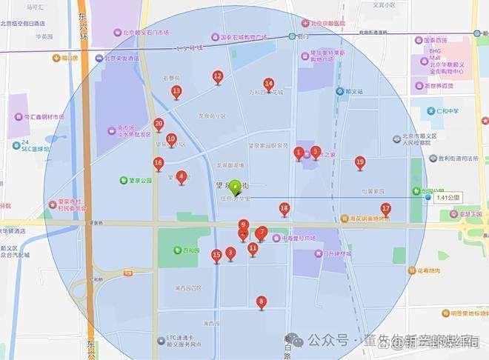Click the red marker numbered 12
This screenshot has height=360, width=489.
pyautogui.click(x=217, y=76)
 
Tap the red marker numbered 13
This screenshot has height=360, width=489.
pyautogui.click(x=176, y=92)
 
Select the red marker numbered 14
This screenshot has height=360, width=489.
pyautogui.click(x=269, y=84)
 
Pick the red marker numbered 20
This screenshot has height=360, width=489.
pyautogui.click(x=159, y=124)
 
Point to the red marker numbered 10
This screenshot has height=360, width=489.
pyautogui.click(x=171, y=139)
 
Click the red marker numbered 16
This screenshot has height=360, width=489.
pyautogui.click(x=159, y=163)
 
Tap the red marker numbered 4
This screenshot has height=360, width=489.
pyautogui.click(x=182, y=177)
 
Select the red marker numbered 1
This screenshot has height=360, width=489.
pyautogui.click(x=299, y=153)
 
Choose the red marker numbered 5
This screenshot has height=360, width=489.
pyautogui.click(x=316, y=153)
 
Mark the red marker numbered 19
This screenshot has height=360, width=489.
pyautogui.click(x=360, y=162)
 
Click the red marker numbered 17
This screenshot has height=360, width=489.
pyautogui.click(x=385, y=210)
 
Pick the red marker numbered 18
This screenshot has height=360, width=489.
pyautogui.click(x=285, y=210)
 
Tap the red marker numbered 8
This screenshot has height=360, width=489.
pyautogui.click(x=261, y=302)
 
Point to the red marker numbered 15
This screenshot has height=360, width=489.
pyautogui.click(x=216, y=256)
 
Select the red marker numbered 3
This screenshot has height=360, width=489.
pyautogui.click(x=230, y=253)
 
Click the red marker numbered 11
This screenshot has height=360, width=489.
pyautogui.click(x=253, y=248)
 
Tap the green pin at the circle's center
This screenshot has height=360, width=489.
pyautogui.click(x=236, y=188)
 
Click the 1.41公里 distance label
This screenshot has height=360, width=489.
pyautogui.click(x=448, y=198)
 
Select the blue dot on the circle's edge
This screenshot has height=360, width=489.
pyautogui.click(x=428, y=197)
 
